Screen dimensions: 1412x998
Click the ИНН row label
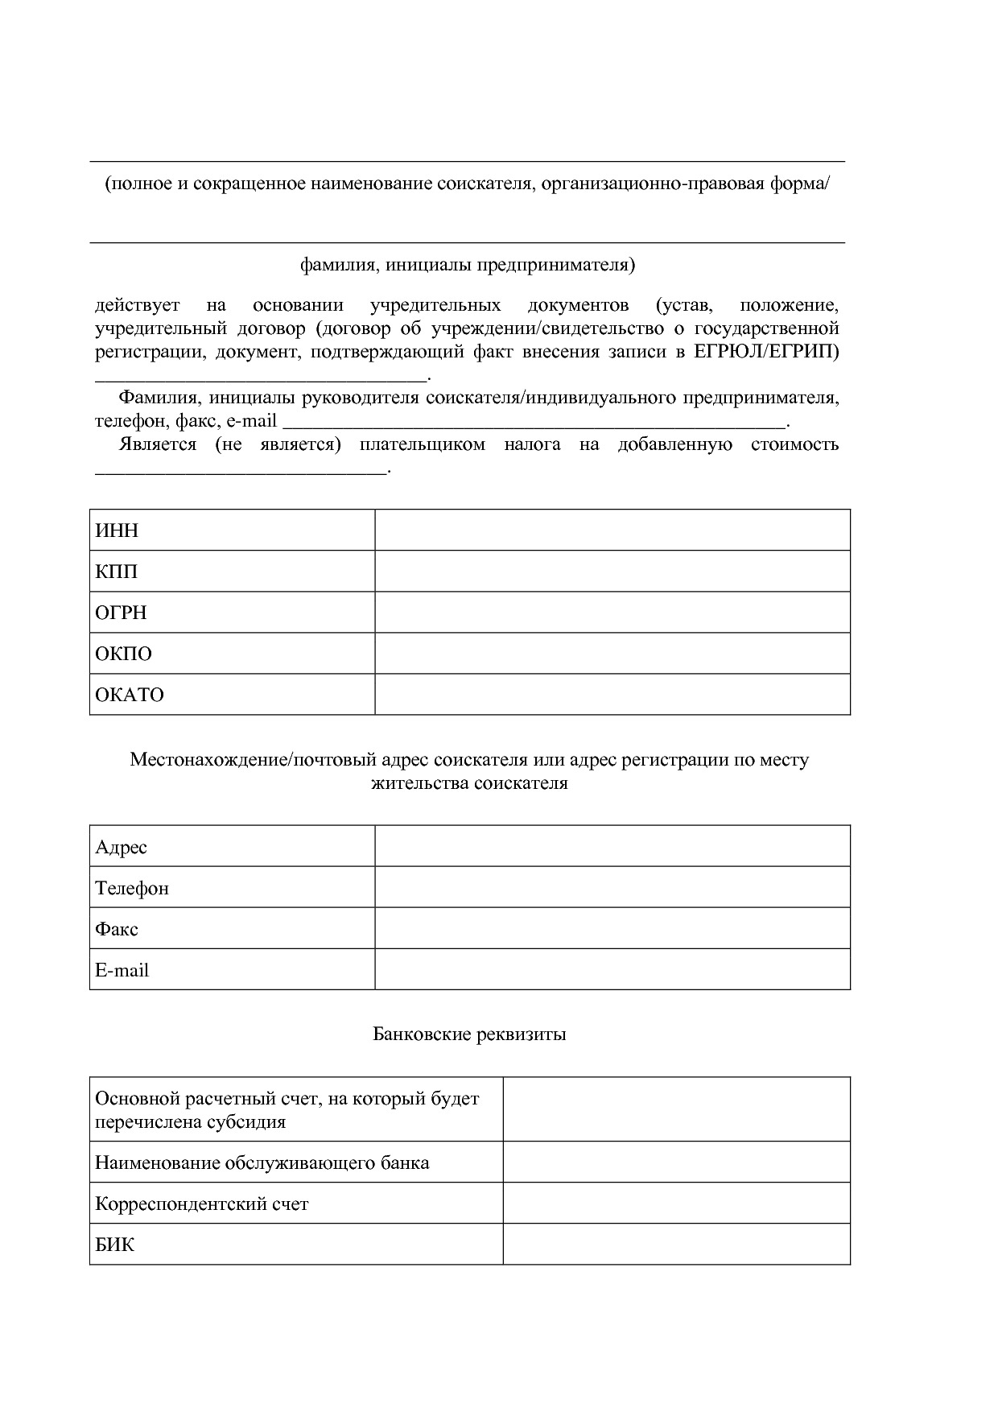[x=117, y=531]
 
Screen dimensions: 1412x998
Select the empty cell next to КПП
[x=612, y=572]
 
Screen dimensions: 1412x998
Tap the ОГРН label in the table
[x=121, y=613]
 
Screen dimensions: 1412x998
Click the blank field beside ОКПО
[x=612, y=654]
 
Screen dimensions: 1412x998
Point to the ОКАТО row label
[x=129, y=695]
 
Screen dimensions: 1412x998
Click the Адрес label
[x=121, y=847]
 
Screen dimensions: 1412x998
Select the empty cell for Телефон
[x=612, y=888]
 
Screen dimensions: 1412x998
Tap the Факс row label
[x=117, y=929]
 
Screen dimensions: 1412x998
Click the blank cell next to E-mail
[x=612, y=970]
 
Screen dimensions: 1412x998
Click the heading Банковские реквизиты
[x=469, y=1034]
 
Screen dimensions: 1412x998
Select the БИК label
[x=114, y=1245]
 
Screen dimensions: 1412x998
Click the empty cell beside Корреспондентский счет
[x=676, y=1204]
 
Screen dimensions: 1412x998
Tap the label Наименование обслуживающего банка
[x=262, y=1163]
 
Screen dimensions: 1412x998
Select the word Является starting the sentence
[x=157, y=445]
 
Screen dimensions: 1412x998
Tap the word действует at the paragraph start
[x=137, y=306]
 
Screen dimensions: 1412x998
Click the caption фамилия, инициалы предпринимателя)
[x=468, y=265]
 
